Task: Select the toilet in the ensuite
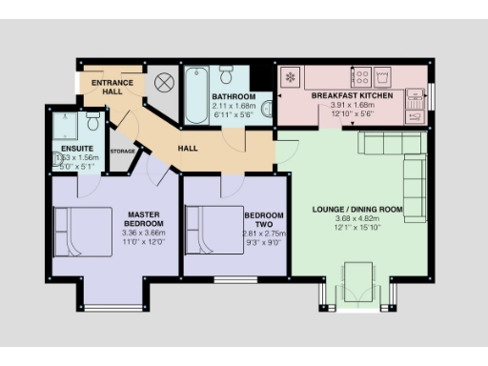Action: click(92, 122)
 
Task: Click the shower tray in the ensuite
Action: click(65, 124)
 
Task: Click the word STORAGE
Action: click(123, 151)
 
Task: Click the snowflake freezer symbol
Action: click(290, 76)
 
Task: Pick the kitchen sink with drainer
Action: click(416, 104)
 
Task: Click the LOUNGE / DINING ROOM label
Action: click(358, 209)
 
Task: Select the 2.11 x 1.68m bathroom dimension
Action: click(234, 106)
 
